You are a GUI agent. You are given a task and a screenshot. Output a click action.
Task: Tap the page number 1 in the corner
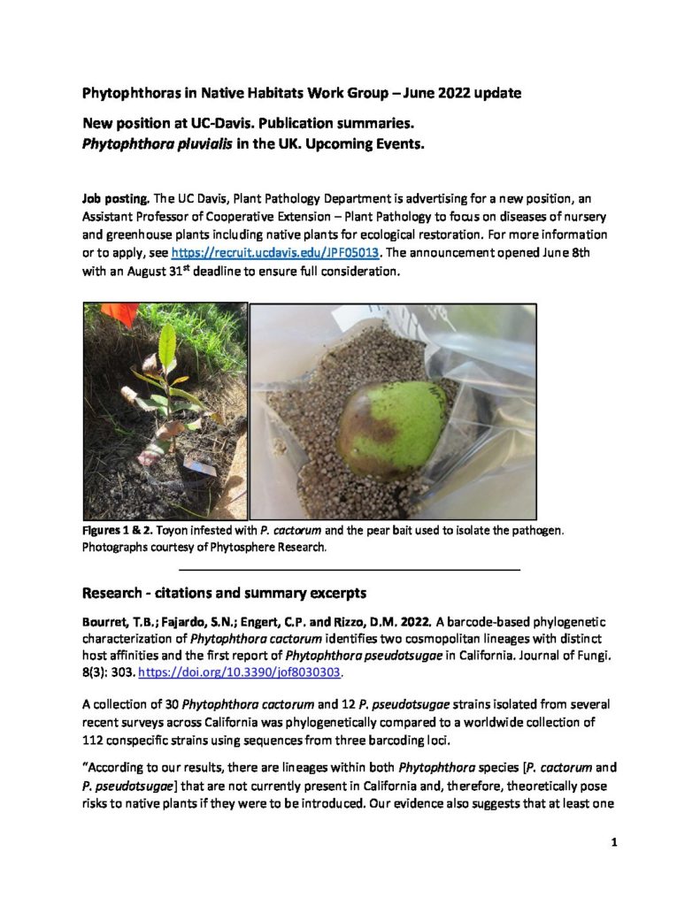pos(613,843)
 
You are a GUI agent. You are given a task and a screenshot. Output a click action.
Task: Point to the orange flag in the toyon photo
pos(120,313)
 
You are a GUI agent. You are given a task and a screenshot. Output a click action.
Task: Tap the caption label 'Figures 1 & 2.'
pos(118,531)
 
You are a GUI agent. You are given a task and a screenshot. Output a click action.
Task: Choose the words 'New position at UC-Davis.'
pos(169,123)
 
